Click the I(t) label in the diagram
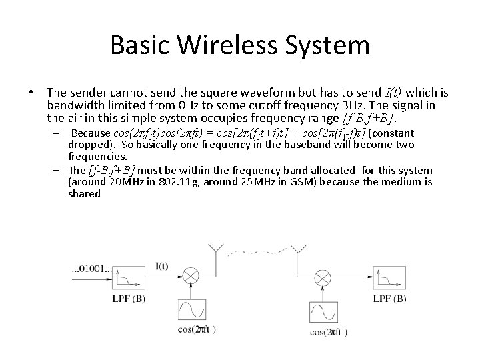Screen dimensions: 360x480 (161, 267)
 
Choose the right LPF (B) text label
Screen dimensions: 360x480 (390, 299)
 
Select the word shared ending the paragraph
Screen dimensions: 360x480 (84, 193)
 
